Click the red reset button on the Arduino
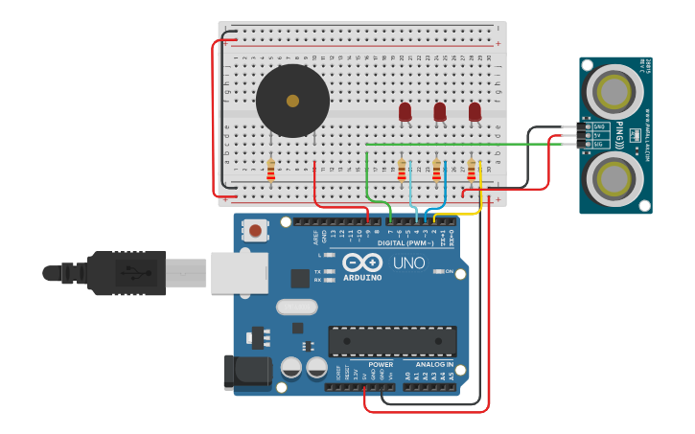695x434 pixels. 255,231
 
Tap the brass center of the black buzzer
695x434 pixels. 292,101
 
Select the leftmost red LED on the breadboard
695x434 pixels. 405,112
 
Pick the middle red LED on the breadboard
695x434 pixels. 440,112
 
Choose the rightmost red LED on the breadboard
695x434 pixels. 475,112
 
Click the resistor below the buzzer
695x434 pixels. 271,171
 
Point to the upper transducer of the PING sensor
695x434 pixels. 614,91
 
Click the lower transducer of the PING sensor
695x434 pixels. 614,178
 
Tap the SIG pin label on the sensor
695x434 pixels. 598,144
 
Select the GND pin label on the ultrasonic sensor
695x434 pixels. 598,126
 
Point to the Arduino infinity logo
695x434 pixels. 362,263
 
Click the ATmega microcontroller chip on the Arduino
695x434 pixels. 392,341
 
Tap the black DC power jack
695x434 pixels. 246,373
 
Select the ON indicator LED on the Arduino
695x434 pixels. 439,272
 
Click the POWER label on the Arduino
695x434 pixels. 381,364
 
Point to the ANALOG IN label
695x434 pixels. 434,364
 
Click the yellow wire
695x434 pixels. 479,196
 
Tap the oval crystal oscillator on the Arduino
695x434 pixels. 296,308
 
